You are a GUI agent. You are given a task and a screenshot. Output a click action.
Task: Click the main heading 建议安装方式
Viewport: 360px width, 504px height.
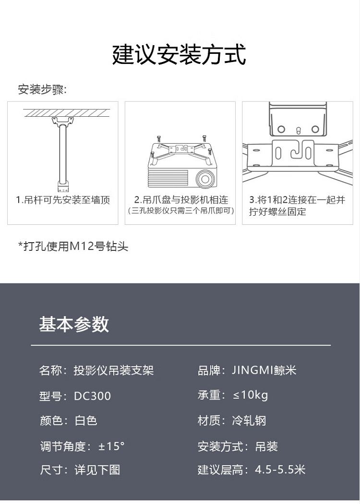pos(179,55)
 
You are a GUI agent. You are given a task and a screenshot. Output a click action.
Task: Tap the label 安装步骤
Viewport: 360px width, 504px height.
pos(42,90)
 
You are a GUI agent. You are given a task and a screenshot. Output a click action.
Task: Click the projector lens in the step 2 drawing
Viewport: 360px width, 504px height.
pos(205,178)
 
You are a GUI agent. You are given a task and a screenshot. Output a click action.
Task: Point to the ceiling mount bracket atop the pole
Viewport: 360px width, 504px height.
pos(63,122)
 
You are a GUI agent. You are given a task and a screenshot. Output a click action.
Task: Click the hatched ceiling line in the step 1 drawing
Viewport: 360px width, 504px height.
pos(66,113)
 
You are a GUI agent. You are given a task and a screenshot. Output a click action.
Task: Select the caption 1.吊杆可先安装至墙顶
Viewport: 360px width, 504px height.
pos(63,200)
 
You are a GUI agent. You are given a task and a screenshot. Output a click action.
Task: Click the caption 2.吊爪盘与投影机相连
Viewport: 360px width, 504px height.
pos(181,200)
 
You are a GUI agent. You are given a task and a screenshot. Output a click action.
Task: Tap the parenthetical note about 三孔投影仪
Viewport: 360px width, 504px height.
pos(181,211)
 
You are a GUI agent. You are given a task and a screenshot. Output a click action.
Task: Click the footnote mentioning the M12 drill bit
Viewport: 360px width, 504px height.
pos(73,246)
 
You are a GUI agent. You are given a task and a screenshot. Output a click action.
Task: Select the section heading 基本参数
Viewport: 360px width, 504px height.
pos(74,324)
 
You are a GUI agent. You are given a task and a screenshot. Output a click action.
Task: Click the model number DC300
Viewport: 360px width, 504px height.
pos(93,396)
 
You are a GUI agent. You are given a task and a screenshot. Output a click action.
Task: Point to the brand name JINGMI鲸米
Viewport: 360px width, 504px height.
pos(264,370)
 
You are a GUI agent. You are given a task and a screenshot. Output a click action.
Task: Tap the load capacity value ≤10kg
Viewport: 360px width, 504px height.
pos(251,395)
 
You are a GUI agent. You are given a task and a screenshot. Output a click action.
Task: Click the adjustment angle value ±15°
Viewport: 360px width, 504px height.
pos(111,446)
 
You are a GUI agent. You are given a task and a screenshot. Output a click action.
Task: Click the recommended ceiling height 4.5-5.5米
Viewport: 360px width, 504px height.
pos(280,469)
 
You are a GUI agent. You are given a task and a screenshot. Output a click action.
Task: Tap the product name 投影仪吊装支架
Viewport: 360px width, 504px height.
pos(114,370)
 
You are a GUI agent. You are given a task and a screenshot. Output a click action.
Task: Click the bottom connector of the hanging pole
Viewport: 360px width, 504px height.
pos(63,186)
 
